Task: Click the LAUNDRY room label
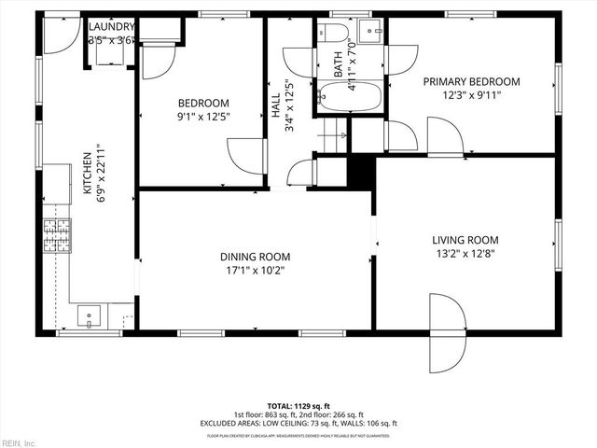111,27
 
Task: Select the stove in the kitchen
56,235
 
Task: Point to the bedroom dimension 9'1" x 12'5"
202,117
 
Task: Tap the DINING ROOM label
255,257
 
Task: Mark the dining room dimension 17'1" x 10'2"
255,271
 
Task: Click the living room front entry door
445,331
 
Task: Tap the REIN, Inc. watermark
18,441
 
